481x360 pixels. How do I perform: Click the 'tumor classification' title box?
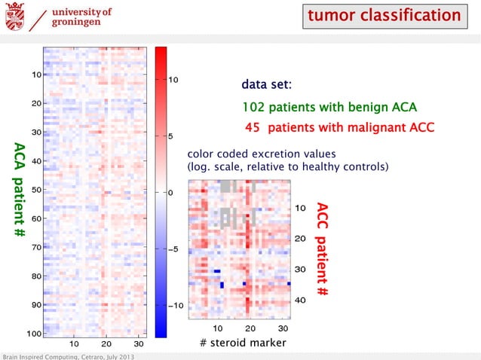[384, 16]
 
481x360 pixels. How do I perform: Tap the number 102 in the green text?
[254, 106]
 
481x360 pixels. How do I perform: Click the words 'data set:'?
[262, 84]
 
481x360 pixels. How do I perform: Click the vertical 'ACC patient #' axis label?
[322, 248]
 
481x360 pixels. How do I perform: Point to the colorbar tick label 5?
[171, 136]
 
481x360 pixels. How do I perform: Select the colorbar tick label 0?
[171, 193]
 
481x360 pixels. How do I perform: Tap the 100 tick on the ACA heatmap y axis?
[34, 333]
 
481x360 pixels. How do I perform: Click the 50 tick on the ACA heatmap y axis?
[36, 190]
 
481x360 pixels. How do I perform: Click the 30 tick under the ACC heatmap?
[283, 328]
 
